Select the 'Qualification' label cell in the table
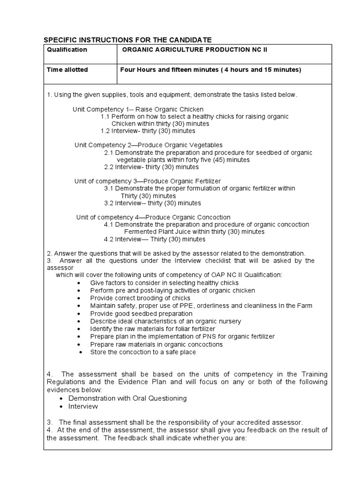tap(67, 50)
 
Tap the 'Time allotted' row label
tap(67, 70)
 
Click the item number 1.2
tap(105, 131)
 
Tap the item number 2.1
tap(109, 152)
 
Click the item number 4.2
tap(109, 239)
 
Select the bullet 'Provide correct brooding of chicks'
tap(140, 298)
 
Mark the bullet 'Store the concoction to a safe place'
tap(143, 352)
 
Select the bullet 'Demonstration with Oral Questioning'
tap(127, 398)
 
